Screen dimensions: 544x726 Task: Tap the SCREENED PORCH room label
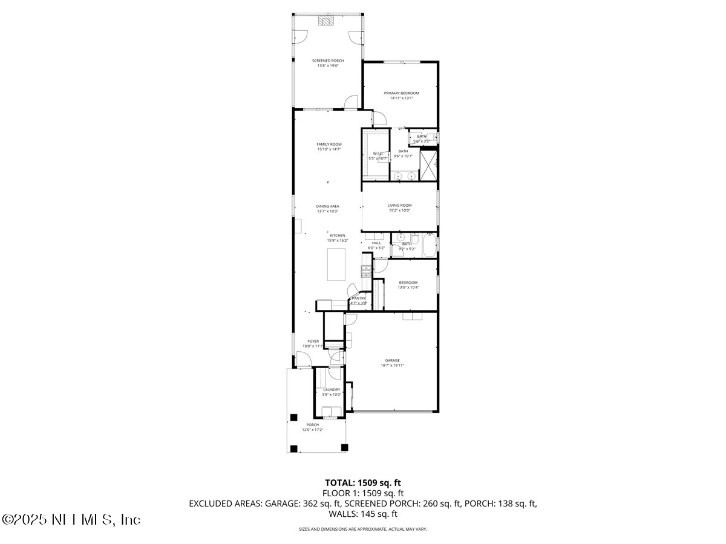pyautogui.click(x=328, y=60)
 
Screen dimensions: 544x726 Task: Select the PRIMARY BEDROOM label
pyautogui.click(x=401, y=93)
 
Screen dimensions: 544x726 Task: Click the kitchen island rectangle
pyautogui.click(x=336, y=264)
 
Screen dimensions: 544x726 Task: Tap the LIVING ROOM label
pyautogui.click(x=399, y=206)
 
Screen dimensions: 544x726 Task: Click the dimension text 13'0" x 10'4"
pyautogui.click(x=408, y=288)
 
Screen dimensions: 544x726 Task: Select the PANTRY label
pyautogui.click(x=359, y=298)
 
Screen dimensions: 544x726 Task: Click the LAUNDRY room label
pyautogui.click(x=332, y=389)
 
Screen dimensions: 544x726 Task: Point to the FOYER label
pyautogui.click(x=313, y=341)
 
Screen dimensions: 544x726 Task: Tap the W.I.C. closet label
pyautogui.click(x=379, y=154)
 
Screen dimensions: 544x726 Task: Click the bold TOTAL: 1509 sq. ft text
pyautogui.click(x=363, y=482)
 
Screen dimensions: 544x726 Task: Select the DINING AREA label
pyautogui.click(x=328, y=206)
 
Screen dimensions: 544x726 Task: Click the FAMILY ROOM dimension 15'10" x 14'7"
pyautogui.click(x=329, y=149)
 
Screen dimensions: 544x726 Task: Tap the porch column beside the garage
pyautogui.click(x=345, y=447)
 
